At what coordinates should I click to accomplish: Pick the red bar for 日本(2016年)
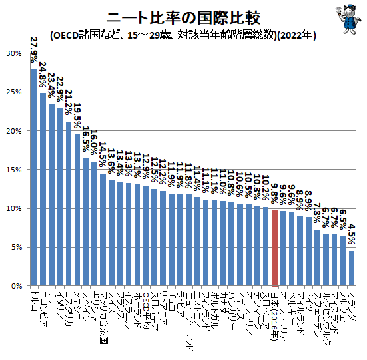(274, 248)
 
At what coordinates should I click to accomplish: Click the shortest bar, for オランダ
(352, 268)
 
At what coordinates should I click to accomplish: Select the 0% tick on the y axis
(16, 286)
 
